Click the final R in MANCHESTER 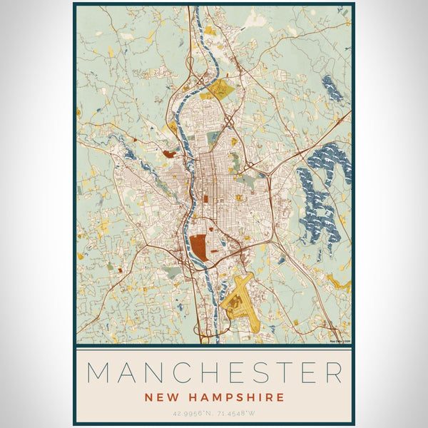pyautogui.click(x=334, y=373)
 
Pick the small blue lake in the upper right pyautogui.click(x=332, y=88)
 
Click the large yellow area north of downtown pyautogui.click(x=220, y=89)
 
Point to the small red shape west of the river pyautogui.click(x=170, y=153)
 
